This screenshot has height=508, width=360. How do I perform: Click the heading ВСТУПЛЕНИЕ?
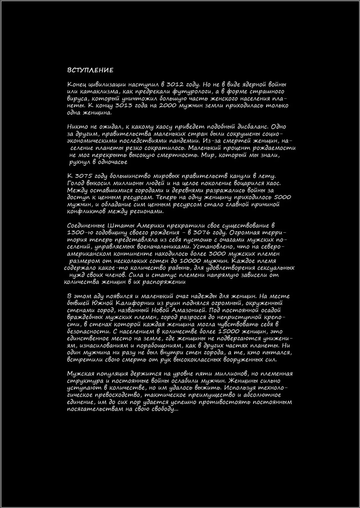tap(90, 70)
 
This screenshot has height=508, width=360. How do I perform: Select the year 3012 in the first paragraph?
tap(175, 84)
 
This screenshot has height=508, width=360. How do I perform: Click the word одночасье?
tap(112, 162)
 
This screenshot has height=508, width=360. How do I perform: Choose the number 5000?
tap(282, 197)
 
